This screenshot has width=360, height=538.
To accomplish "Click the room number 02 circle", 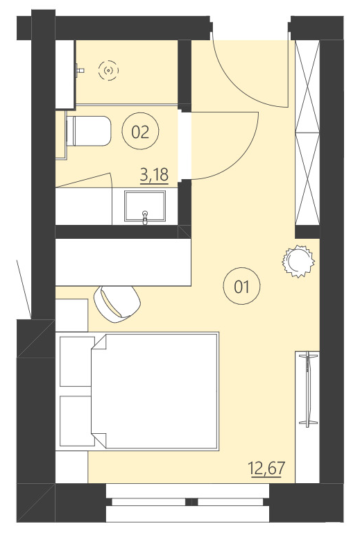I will point(140,132).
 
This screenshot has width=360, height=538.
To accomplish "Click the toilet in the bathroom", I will point(88,132).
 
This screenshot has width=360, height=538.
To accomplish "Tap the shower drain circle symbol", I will point(108,70).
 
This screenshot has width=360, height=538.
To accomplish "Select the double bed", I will point(153,392).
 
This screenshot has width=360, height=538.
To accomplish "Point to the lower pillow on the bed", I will point(76,420).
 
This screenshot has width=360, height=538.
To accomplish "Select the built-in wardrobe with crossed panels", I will point(307,132).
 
